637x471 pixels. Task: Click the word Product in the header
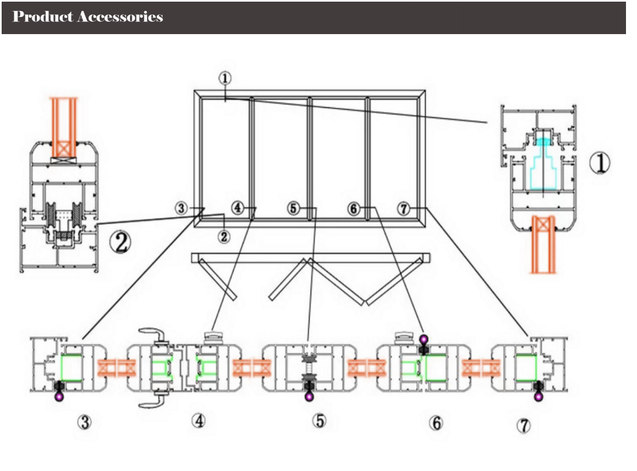pos(43,17)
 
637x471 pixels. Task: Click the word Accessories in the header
pos(120,17)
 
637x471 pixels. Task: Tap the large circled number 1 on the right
pos(600,163)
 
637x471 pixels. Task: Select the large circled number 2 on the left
pos(121,242)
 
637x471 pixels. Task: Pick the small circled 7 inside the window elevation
pos(404,209)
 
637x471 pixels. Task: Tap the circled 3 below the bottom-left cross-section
pos(84,423)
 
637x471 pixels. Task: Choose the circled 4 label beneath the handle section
pos(198,421)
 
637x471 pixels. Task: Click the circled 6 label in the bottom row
pos(435,423)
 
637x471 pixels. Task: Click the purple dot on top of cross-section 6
pos(423,338)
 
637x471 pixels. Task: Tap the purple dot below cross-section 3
pos(58,395)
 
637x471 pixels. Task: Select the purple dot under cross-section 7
pos(538,396)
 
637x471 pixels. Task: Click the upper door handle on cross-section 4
pos(156,332)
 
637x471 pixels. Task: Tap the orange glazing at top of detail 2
pos(64,127)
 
